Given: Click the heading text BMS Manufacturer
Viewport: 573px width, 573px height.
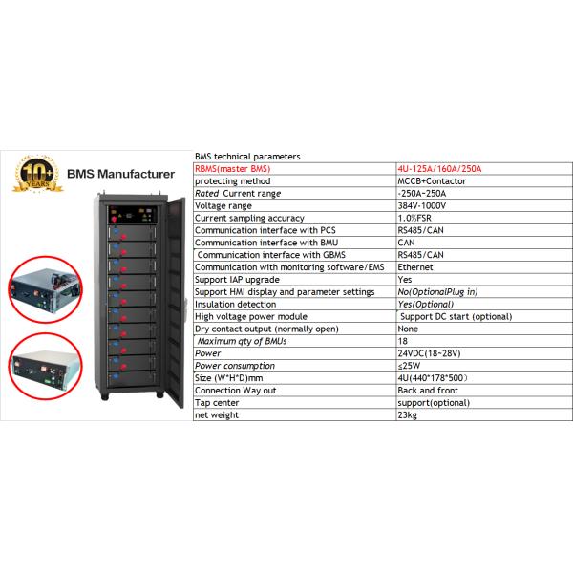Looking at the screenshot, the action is coord(120,175).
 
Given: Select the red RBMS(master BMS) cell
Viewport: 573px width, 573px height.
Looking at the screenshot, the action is coord(233,169).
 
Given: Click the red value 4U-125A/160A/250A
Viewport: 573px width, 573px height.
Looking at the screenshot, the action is coord(440,169).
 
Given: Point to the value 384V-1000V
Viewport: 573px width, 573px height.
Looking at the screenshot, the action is coord(422,205).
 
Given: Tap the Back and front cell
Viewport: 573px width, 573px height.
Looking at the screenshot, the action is coord(426,391).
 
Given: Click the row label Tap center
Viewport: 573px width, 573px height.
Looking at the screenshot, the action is coord(218,403).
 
